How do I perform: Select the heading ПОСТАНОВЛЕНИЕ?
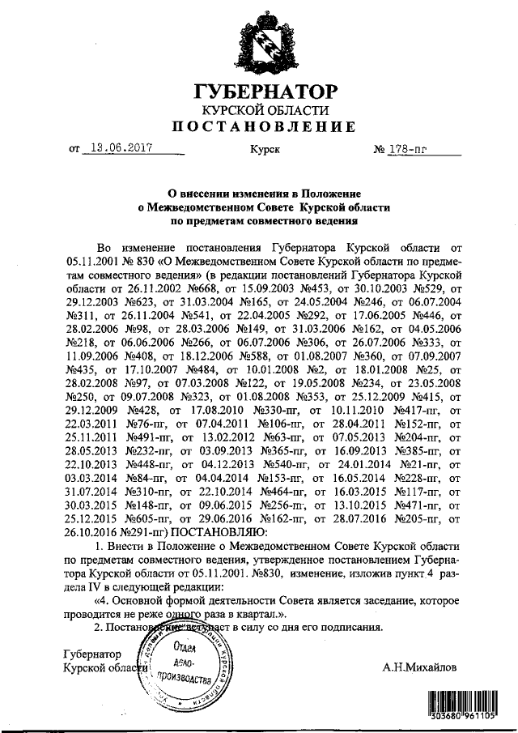(261, 127)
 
